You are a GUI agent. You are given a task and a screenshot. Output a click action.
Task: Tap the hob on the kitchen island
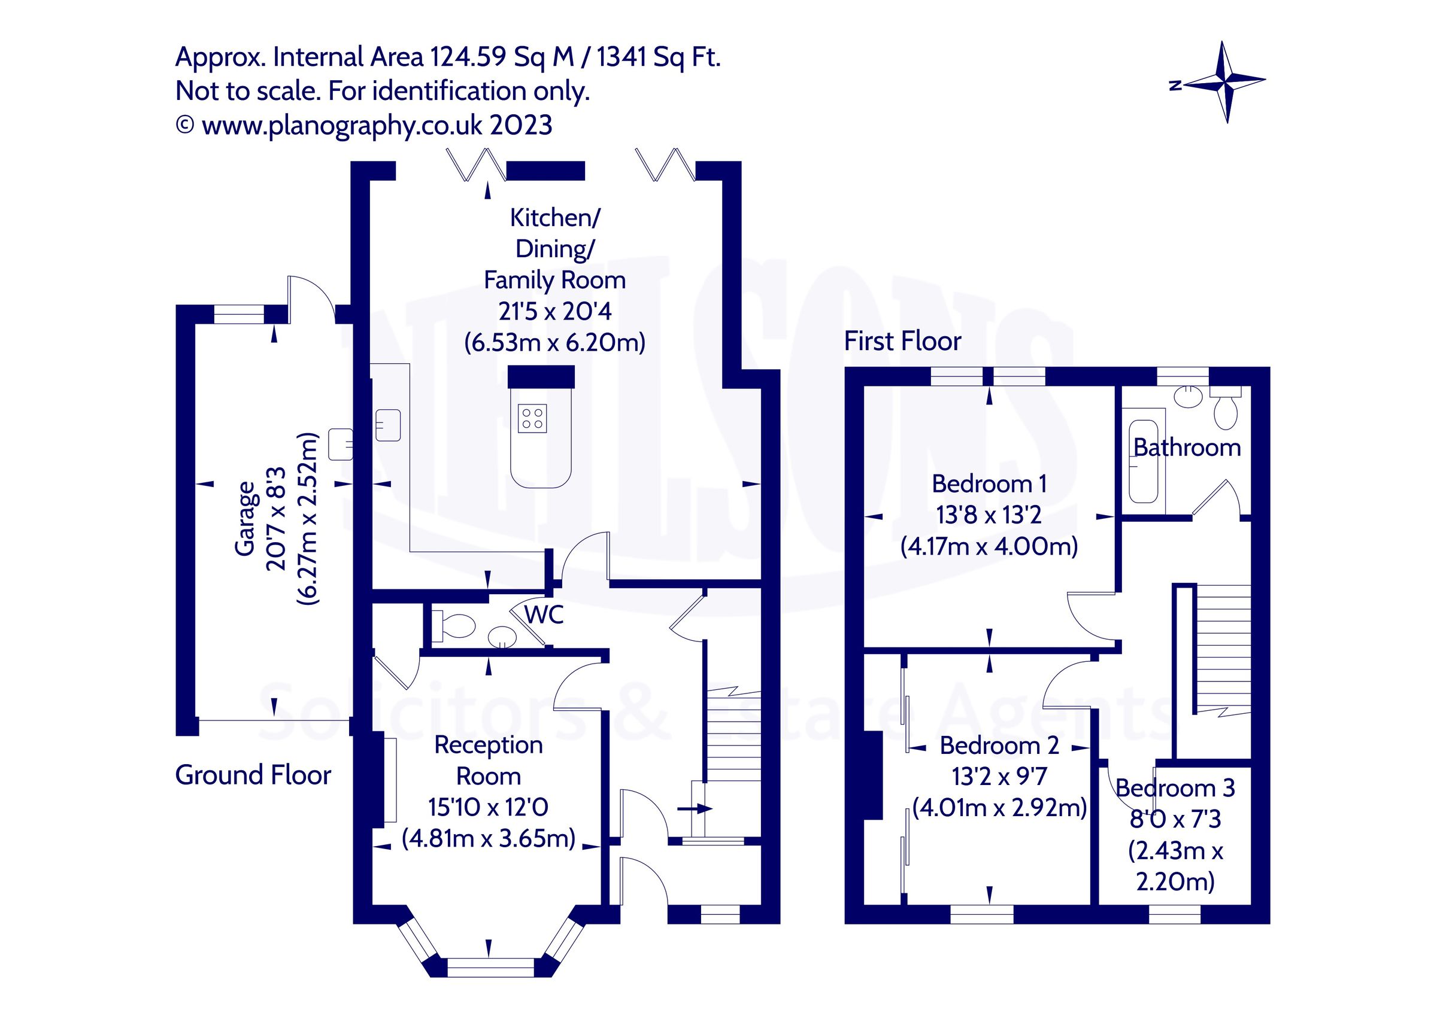(x=533, y=418)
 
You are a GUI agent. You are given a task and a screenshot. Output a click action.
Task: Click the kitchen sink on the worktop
(x=387, y=425)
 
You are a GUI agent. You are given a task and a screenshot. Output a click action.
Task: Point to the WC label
(x=544, y=615)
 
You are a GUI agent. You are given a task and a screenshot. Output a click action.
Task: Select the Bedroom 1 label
(x=989, y=483)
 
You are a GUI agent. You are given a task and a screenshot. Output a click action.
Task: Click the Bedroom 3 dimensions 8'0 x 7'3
(x=1175, y=819)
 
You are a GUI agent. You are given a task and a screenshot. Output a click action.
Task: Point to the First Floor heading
(x=902, y=342)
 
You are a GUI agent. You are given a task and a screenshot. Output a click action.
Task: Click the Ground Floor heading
(x=253, y=775)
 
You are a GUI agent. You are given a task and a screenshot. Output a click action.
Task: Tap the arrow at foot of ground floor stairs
(x=695, y=809)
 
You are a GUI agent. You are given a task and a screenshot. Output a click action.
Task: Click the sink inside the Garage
(x=340, y=443)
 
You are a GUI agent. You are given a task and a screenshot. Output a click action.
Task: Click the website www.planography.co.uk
(x=342, y=126)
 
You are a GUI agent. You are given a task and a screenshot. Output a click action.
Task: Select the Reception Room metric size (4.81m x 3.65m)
(x=488, y=838)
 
